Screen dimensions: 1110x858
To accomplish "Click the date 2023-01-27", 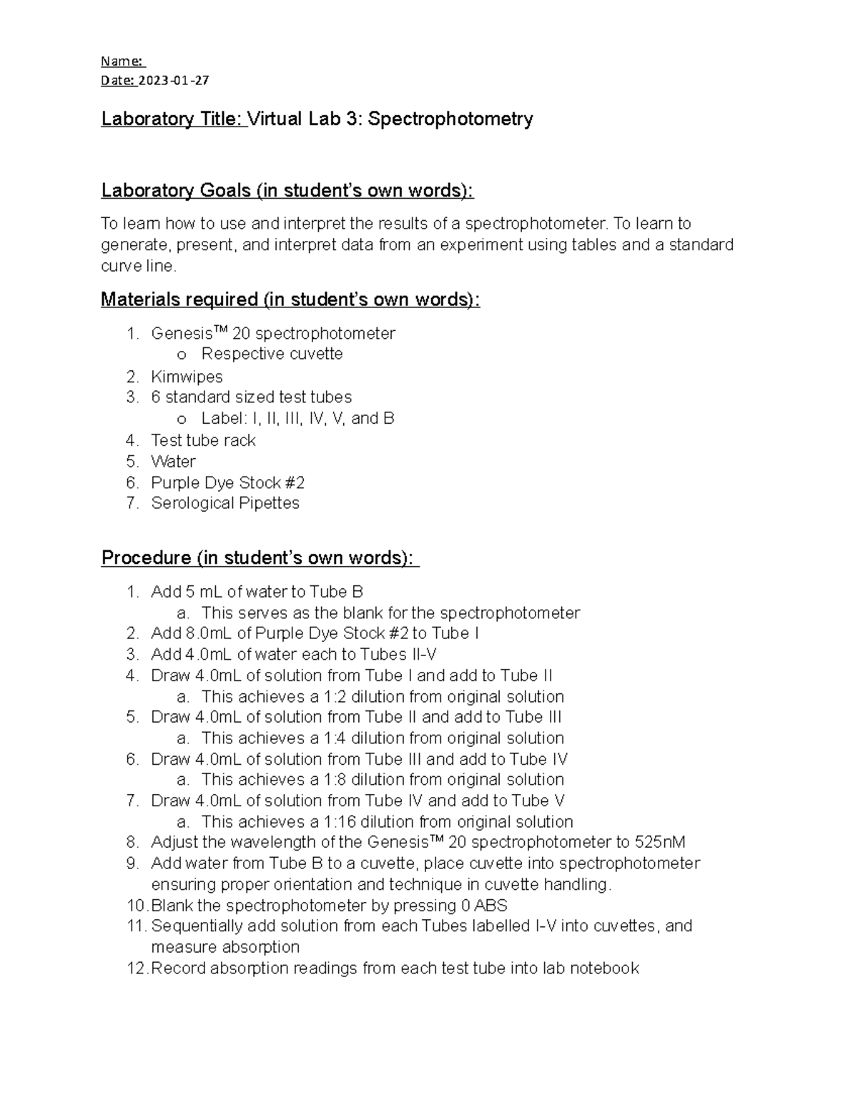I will click(x=174, y=80).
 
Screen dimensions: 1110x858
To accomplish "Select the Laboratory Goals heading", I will click(x=287, y=191).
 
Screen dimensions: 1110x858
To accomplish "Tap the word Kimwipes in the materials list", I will click(x=187, y=377).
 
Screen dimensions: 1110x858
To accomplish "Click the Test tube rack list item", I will click(x=203, y=440).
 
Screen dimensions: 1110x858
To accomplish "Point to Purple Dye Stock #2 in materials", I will click(x=227, y=482).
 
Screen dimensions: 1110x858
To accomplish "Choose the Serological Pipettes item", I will click(x=225, y=503).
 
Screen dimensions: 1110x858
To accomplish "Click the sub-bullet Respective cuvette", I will click(x=272, y=355).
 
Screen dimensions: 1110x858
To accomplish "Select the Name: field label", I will click(x=122, y=61).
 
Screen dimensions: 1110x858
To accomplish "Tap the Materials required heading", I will click(x=290, y=299).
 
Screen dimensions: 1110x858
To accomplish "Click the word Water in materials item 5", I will click(x=173, y=462).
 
